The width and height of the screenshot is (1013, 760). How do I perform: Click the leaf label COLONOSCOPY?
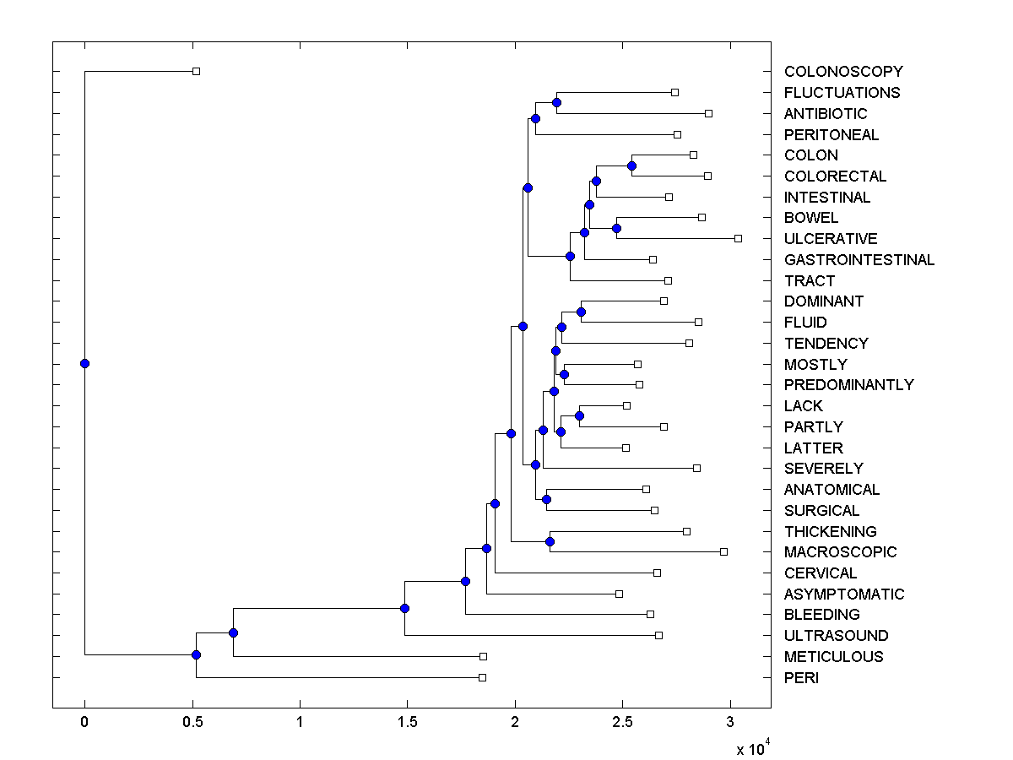(843, 72)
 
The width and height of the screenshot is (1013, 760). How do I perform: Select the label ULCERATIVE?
(831, 239)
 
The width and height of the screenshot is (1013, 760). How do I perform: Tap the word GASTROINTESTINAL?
(859, 260)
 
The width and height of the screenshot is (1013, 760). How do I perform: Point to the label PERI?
(801, 678)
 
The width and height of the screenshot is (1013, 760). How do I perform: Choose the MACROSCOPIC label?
(840, 552)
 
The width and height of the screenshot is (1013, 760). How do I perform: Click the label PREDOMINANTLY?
(848, 385)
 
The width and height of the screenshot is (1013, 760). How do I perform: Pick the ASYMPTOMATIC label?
(844, 594)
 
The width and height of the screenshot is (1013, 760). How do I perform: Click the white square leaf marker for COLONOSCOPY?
(196, 72)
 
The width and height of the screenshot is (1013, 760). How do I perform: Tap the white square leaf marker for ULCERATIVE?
(738, 239)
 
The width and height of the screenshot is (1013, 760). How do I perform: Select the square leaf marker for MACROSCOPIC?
(723, 551)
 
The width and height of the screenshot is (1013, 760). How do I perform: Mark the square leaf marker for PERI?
(482, 677)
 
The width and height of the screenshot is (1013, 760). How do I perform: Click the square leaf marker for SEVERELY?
(696, 468)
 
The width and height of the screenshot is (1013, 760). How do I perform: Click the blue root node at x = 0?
(84, 363)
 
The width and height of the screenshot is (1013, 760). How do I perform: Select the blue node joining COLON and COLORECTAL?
(631, 166)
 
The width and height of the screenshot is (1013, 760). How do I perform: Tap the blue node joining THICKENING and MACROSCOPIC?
(550, 541)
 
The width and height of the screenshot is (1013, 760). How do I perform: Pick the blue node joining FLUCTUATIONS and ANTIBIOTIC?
(556, 102)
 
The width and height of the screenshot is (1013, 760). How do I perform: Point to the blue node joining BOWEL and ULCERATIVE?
(616, 228)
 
